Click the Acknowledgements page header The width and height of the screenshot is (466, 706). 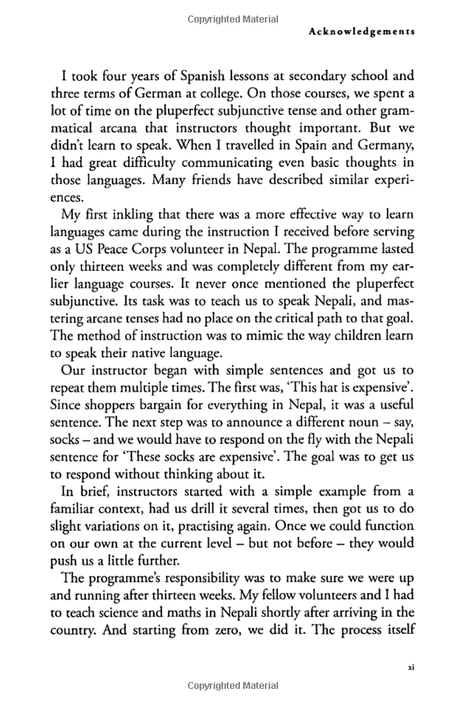click(361, 32)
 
